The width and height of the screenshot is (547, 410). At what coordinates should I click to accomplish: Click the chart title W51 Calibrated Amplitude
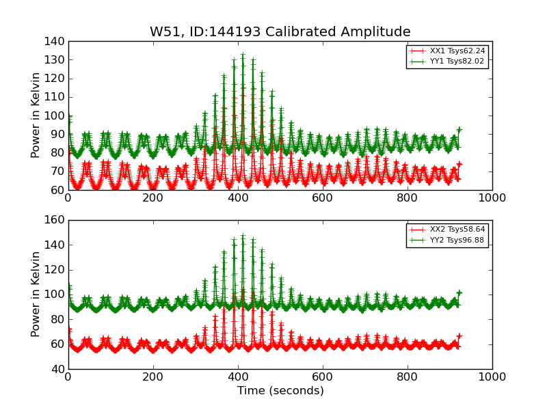click(280, 32)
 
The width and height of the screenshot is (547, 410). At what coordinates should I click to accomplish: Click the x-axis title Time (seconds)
click(280, 391)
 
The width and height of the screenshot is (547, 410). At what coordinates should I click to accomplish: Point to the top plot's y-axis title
click(36, 115)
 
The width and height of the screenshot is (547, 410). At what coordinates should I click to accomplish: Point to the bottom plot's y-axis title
click(36, 295)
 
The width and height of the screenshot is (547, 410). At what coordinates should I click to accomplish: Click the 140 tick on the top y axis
click(57, 42)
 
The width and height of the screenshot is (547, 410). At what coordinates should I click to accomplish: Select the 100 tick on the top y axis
click(57, 115)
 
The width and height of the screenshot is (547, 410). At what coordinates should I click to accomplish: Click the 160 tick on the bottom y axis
click(57, 220)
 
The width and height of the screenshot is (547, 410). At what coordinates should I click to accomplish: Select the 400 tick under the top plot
click(238, 197)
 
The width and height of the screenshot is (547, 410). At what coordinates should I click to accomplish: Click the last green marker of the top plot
click(459, 129)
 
